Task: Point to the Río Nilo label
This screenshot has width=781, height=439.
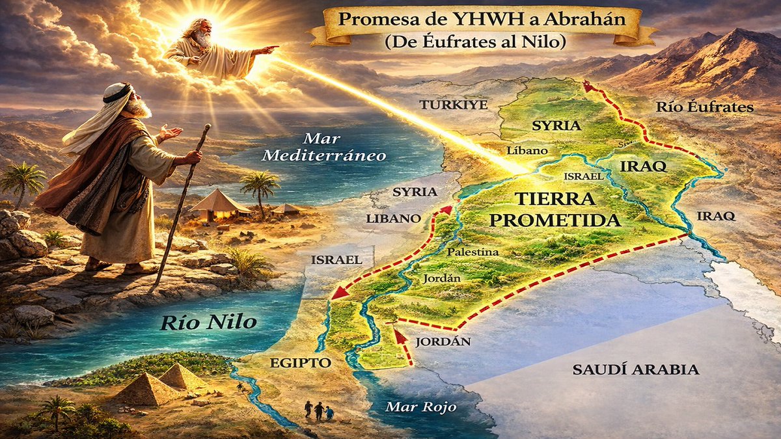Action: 210,322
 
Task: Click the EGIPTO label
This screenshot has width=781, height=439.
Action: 302,362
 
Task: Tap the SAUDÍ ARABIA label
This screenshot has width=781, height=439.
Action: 636,369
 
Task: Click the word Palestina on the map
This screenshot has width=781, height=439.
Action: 473,252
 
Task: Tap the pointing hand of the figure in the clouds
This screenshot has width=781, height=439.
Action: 268,49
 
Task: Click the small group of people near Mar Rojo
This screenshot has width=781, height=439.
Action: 318,410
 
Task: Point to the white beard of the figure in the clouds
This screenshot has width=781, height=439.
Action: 204,40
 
